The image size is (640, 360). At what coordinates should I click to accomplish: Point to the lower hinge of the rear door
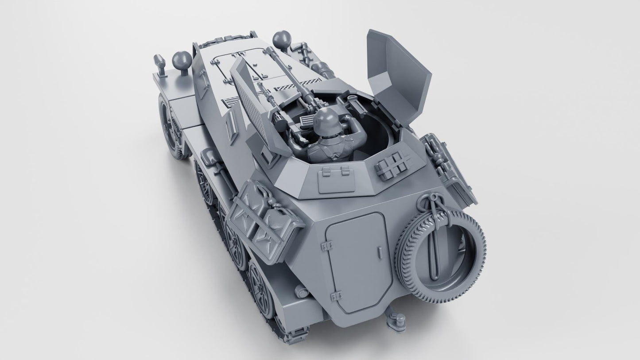coord(335,294)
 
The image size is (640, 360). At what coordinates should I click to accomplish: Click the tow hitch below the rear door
coord(392,317)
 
